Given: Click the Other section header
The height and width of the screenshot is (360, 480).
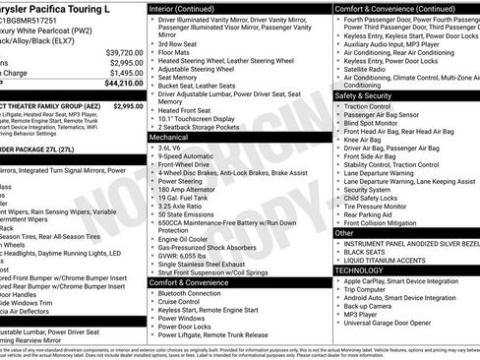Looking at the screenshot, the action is [x=340, y=233].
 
